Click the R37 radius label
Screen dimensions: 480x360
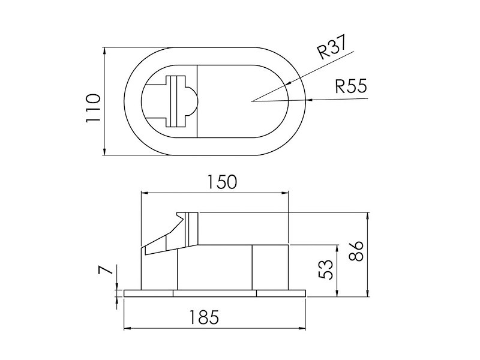tap(332, 47)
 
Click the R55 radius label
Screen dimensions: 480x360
tap(351, 86)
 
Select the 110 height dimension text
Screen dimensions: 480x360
tap(94, 108)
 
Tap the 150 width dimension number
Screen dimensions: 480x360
tap(222, 182)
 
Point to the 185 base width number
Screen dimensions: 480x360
tap(204, 317)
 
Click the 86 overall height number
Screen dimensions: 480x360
tap(356, 251)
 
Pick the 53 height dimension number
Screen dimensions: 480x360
tap(325, 269)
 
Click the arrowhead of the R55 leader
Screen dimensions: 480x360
tap(308, 100)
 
